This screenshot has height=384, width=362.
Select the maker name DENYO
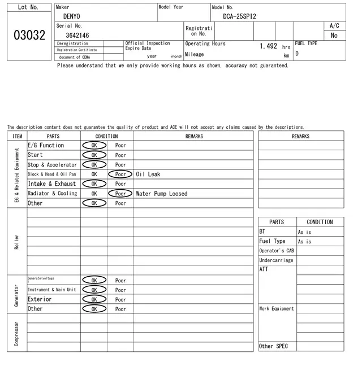pos(71,17)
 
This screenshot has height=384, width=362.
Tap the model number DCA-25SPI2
pos(239,17)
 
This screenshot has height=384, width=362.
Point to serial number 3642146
pos(77,35)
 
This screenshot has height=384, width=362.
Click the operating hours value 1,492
pos(268,46)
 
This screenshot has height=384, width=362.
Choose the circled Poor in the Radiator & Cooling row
pos(120,194)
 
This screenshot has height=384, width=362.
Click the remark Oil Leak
pos(148,174)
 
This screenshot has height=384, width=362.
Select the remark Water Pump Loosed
pos(162,194)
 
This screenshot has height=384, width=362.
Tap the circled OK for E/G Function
pos(94,146)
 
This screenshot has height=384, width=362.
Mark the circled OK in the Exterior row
pos(94,299)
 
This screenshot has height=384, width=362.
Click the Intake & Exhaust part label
pos(51,184)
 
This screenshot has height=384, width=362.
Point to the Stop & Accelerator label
pos(52,165)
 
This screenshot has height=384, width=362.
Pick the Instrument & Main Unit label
pos(51,290)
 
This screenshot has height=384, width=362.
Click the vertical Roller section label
pos(17,242)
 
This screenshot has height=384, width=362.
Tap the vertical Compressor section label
pos(17,333)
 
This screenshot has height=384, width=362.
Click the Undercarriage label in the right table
pos(276,260)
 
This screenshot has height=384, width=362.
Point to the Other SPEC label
pos(273,346)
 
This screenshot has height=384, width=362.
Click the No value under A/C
pos(334,36)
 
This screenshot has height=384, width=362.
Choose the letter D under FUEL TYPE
pos(297,54)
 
